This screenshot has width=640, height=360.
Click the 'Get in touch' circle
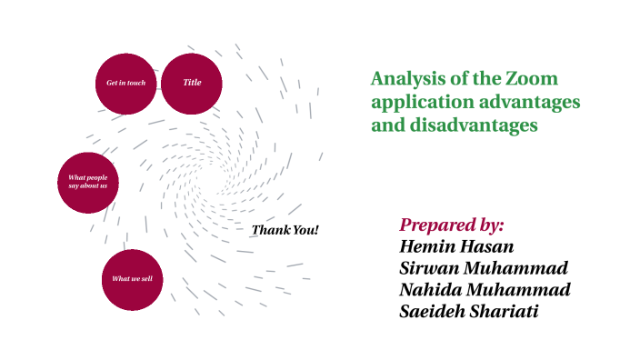pos(125,84)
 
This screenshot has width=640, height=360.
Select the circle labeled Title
pos(192,84)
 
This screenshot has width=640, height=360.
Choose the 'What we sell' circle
pos(137,278)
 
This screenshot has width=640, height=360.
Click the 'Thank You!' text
pos(285,230)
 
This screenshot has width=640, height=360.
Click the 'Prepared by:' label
pos(451,225)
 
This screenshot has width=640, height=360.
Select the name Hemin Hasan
pos(456,246)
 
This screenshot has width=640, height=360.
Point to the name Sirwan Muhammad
pos(484,268)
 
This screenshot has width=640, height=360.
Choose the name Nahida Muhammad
pos(485,290)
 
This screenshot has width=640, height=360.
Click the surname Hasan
pos(488,246)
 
